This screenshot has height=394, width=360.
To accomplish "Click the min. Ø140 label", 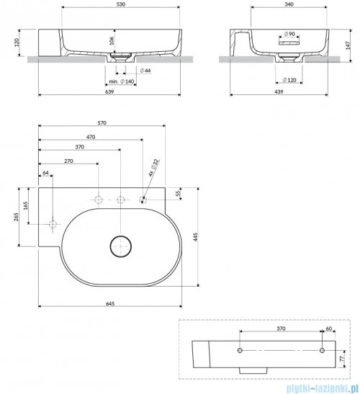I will pyautogui.click(x=123, y=83).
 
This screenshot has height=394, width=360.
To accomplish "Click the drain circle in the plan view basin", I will pyautogui.click(x=120, y=246).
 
